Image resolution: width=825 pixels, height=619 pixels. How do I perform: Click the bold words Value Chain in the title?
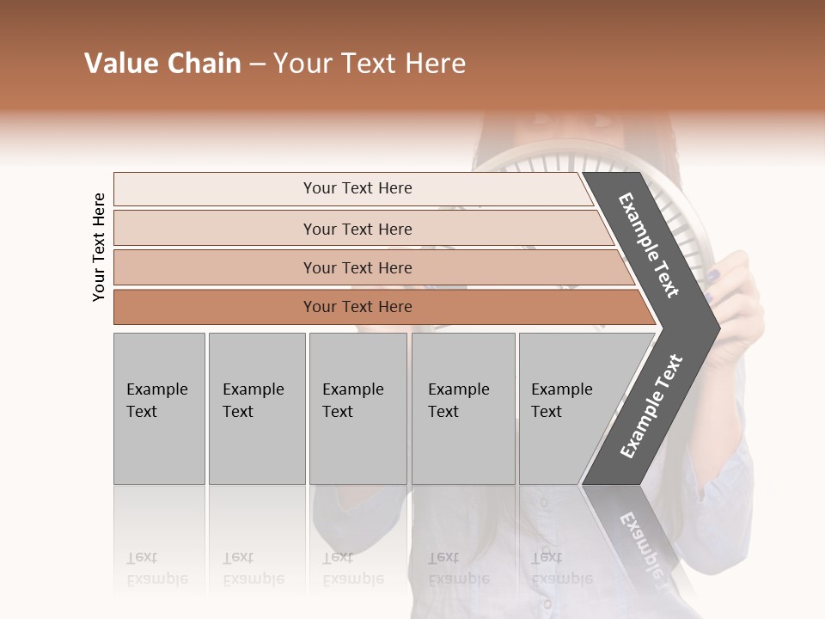(162, 64)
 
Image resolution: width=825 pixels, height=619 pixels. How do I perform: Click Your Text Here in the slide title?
(370, 64)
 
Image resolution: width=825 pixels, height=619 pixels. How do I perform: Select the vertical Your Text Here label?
(99, 247)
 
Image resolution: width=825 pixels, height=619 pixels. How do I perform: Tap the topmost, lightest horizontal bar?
(357, 188)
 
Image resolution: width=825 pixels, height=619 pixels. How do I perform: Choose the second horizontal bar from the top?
(357, 229)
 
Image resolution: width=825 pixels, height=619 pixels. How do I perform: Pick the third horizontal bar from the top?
(357, 267)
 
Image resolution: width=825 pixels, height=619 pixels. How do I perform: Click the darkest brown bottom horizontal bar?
(357, 307)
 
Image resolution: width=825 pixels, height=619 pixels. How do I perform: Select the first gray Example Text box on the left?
(159, 408)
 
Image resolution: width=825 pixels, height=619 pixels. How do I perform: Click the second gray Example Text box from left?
(256, 408)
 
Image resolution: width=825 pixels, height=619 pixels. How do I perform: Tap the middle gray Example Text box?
(357, 408)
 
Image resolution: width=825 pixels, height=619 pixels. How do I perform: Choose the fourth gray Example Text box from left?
(463, 408)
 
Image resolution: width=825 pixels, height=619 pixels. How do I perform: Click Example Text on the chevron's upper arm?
(649, 244)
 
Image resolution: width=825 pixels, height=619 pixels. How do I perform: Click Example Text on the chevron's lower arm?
(651, 406)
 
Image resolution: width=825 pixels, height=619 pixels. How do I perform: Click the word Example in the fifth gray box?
(561, 389)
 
